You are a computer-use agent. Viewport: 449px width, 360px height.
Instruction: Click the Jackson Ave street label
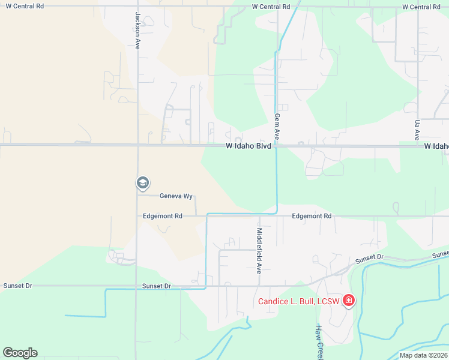pyautogui.click(x=137, y=31)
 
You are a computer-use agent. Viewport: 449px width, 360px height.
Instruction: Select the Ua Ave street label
pyautogui.click(x=417, y=130)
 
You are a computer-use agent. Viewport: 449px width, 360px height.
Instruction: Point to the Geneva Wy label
pyautogui.click(x=175, y=196)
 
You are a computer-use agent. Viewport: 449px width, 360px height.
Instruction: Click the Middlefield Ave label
pyautogui.click(x=259, y=250)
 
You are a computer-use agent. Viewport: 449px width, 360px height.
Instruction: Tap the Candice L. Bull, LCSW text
pyautogui.click(x=298, y=301)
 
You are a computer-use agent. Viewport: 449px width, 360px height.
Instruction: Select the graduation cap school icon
pyautogui.click(x=142, y=182)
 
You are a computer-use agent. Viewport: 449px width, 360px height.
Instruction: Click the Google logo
pyautogui.click(x=20, y=352)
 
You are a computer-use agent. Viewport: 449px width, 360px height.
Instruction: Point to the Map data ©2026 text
pyautogui.click(x=423, y=355)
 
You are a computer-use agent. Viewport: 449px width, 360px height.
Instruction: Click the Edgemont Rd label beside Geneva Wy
pyautogui.click(x=163, y=216)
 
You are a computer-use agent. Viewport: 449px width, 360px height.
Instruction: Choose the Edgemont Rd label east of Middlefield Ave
pyautogui.click(x=311, y=216)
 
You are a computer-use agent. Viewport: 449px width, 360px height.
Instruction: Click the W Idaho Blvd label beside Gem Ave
pyautogui.click(x=249, y=146)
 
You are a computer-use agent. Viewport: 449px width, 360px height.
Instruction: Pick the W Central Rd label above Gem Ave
pyautogui.click(x=271, y=7)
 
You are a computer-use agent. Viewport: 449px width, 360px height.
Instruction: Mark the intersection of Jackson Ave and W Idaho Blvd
pyautogui.click(x=137, y=145)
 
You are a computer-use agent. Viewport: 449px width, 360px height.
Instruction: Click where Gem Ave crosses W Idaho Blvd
pyautogui.click(x=277, y=145)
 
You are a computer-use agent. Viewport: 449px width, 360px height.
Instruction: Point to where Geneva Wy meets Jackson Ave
pyautogui.click(x=137, y=194)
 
